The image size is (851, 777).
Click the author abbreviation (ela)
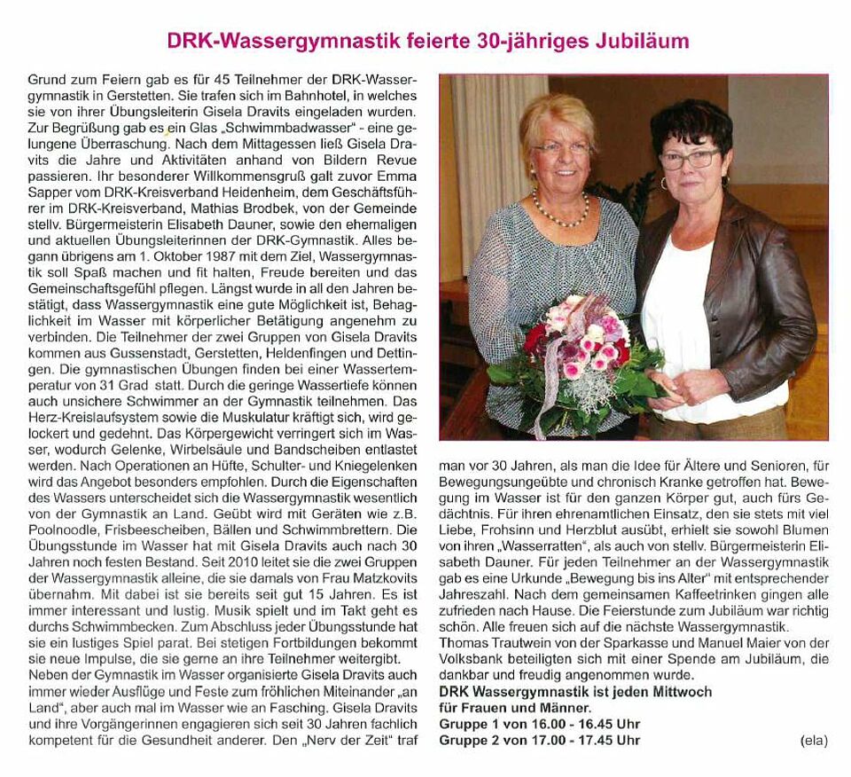point(813,740)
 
